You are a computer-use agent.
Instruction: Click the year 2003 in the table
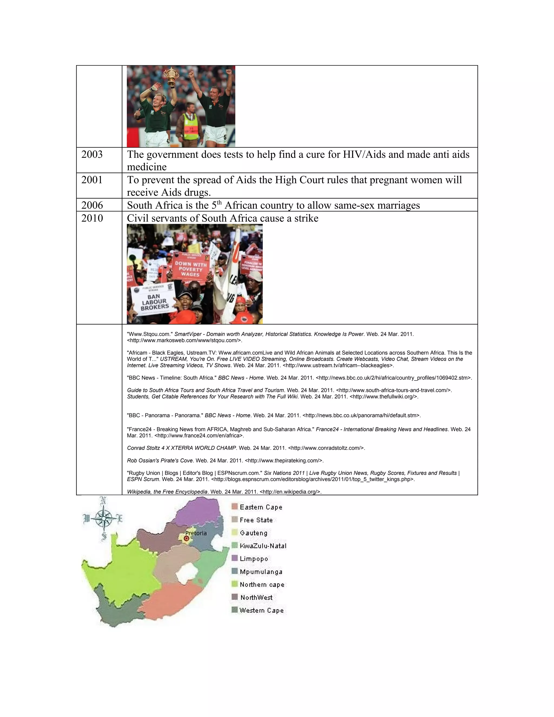(92, 154)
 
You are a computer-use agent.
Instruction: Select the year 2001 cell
(92, 180)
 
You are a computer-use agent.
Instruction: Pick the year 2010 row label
(92, 218)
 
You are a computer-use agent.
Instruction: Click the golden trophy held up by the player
(171, 77)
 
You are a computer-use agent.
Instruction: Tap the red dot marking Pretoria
(186, 539)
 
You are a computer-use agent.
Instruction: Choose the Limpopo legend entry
(254, 558)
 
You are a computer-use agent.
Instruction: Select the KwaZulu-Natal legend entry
(263, 546)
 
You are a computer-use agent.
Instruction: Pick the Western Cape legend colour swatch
(234, 610)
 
